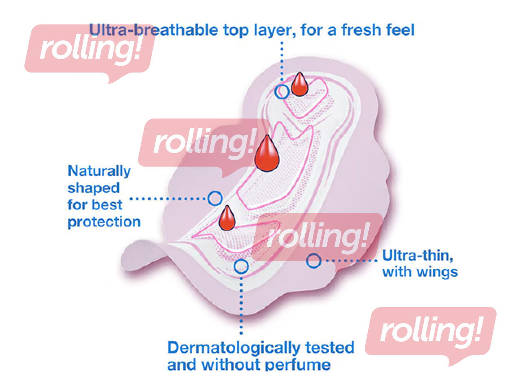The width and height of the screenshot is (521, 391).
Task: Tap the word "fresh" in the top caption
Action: click(x=359, y=30)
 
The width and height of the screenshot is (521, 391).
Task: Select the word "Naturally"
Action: click(x=99, y=171)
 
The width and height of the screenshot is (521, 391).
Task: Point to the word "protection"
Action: click(x=104, y=222)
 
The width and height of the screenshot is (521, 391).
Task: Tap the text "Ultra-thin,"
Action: click(x=418, y=255)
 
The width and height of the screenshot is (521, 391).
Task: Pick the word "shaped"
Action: click(x=94, y=188)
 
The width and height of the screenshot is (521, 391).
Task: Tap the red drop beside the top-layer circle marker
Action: click(x=300, y=85)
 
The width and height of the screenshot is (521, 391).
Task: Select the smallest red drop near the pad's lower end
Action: click(x=227, y=219)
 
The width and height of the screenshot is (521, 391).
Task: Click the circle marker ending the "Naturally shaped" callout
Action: click(x=215, y=199)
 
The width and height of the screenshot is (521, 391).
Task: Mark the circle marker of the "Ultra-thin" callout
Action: click(x=313, y=261)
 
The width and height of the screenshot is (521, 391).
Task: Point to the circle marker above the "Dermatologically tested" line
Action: click(x=241, y=266)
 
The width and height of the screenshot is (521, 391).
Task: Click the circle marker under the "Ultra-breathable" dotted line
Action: click(x=282, y=92)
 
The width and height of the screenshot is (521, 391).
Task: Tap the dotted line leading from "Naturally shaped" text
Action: click(x=169, y=199)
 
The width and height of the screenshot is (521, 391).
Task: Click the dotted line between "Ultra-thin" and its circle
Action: click(x=350, y=261)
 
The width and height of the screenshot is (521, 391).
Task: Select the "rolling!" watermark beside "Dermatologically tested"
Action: click(x=430, y=332)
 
